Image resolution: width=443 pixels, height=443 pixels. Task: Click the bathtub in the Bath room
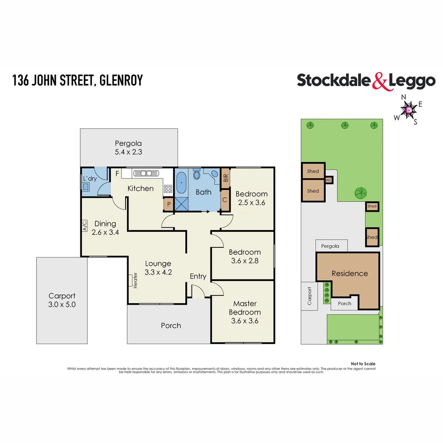[x=182, y=183]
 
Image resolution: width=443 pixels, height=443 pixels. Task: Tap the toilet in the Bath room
[x=196, y=176]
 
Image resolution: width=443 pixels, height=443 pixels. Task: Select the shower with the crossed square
[x=181, y=204]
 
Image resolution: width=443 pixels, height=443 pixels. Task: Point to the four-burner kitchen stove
[x=168, y=189]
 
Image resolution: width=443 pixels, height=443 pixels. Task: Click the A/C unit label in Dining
[x=85, y=226]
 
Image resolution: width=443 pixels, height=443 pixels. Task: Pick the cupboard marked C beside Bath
[x=225, y=201]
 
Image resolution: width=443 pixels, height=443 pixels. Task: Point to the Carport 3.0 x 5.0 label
[x=62, y=300]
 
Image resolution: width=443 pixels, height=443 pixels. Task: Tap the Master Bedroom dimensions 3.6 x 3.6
[x=244, y=321]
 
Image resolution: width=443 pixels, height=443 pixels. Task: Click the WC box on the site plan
[x=329, y=180]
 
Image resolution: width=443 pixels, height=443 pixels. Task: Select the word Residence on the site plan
[x=349, y=274]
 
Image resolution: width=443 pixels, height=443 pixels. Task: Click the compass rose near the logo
[x=409, y=110]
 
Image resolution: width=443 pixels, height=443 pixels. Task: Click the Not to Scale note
[x=363, y=364]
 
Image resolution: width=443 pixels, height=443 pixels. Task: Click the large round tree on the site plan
[x=361, y=192]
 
